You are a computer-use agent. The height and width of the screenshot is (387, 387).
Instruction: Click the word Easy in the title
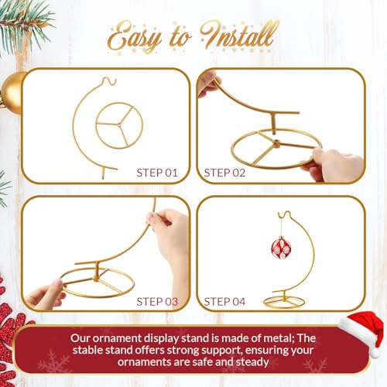(x=136, y=36)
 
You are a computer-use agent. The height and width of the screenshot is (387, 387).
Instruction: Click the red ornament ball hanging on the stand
(x=281, y=248)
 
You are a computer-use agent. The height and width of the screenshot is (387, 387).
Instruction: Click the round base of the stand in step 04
(x=290, y=299)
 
